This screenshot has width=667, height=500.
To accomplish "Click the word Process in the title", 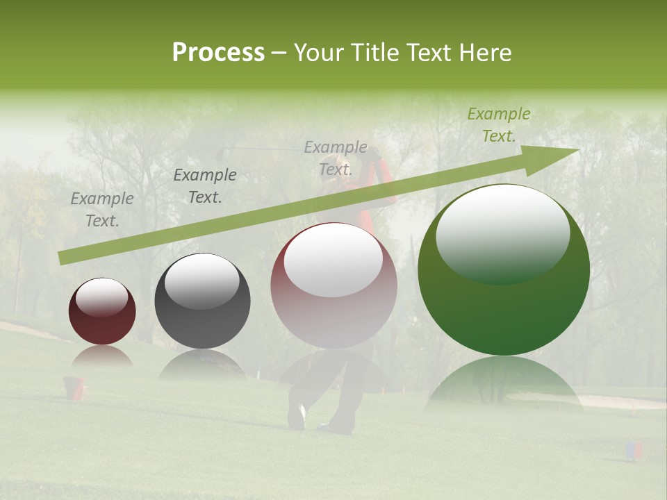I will pos(218,53).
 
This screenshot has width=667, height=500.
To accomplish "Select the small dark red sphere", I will pos(102,311).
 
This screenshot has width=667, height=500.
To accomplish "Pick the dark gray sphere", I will pos(202,301).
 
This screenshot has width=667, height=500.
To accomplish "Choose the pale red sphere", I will pos(333,285).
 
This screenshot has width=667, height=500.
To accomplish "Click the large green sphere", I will pos(504,270).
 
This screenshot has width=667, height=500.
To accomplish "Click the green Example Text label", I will pos(498,125).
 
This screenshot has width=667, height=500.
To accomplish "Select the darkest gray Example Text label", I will pos(204,186).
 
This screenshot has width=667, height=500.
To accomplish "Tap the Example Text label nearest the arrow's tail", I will pos(101,210).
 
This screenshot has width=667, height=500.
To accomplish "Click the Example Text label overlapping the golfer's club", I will pos(335,158).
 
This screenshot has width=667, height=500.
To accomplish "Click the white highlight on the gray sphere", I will pos(202,281).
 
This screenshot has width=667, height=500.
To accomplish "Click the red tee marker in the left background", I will pos(74,387).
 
